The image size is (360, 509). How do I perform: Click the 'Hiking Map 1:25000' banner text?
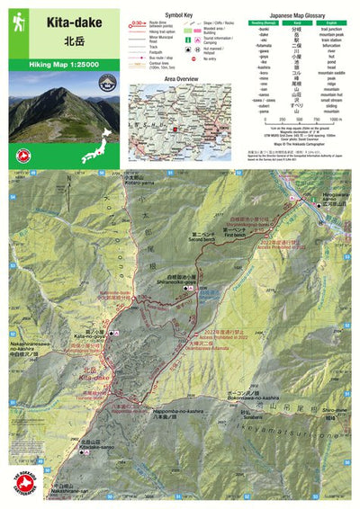pyautogui.click(x=62, y=66)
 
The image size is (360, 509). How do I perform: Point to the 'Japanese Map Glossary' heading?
pyautogui.click(x=292, y=15)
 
